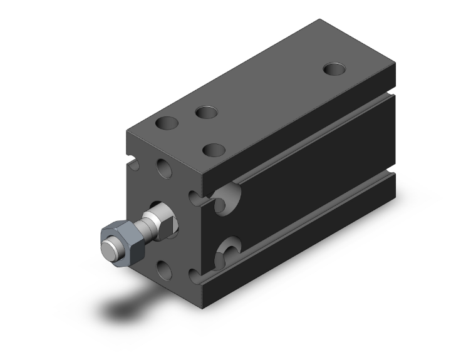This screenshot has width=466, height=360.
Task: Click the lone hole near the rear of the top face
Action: tap(333, 67)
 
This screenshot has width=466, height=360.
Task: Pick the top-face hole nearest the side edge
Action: tap(215, 150)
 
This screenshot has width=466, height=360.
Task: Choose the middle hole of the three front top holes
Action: tap(205, 113)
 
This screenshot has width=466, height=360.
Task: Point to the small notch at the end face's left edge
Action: tap(133, 165)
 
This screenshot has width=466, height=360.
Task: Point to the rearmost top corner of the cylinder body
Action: tap(323, 19)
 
